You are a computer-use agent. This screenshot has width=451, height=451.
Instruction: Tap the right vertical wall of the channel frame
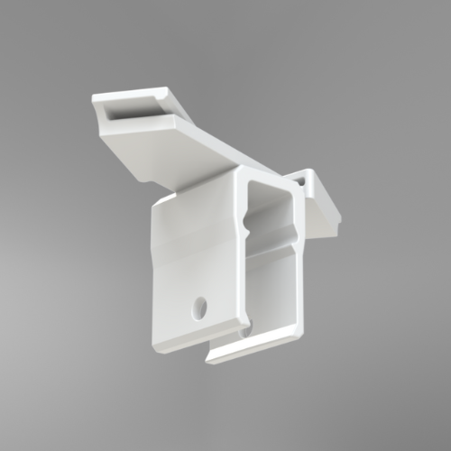point(297,262)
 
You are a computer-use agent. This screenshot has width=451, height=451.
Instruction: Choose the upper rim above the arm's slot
point(131,93)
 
